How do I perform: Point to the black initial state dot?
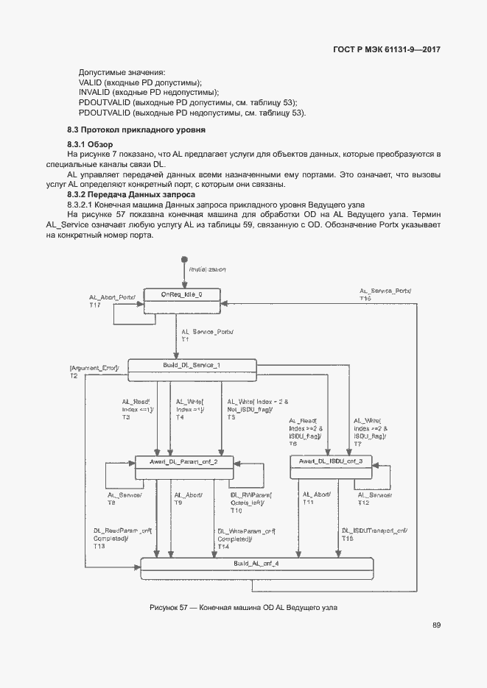click(x=184, y=260)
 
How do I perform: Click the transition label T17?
click(x=94, y=305)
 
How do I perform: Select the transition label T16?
click(x=365, y=299)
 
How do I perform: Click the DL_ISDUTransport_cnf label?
click(x=374, y=531)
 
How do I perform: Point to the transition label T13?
click(x=99, y=547)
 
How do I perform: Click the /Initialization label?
click(x=207, y=270)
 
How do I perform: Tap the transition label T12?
click(x=364, y=503)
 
